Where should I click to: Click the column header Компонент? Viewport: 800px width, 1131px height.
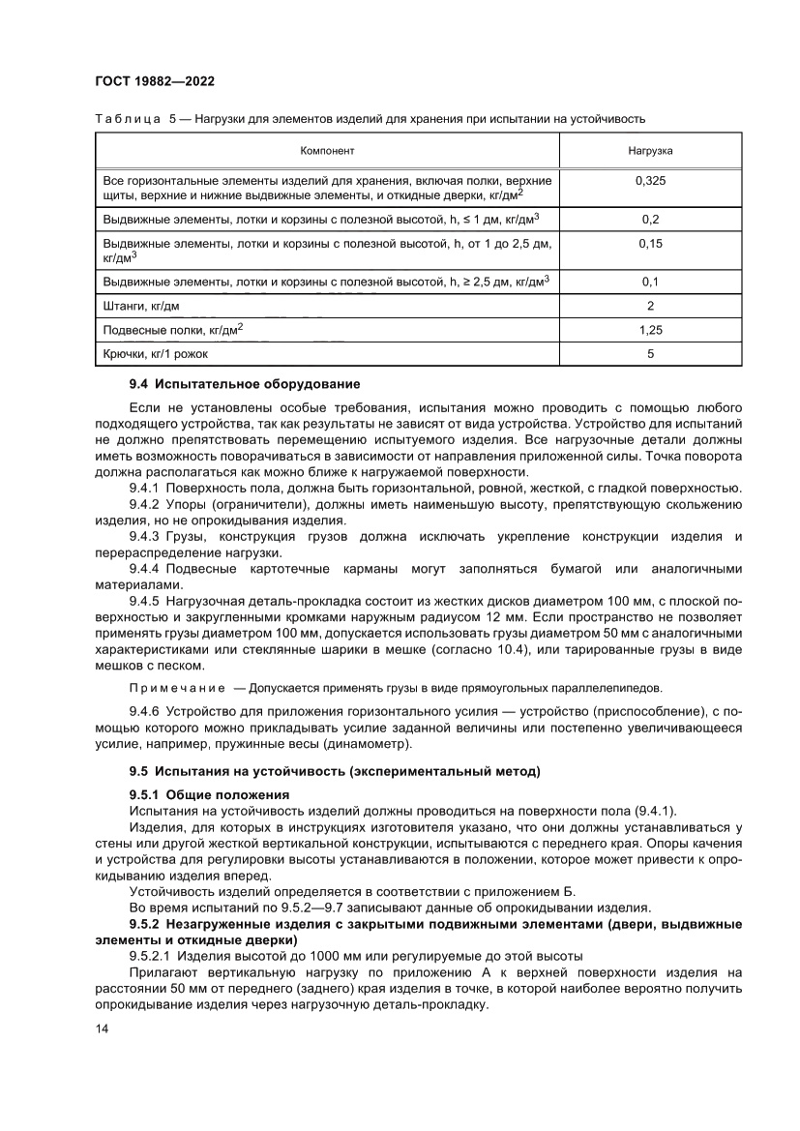[327, 151]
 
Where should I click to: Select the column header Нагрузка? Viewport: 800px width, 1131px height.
[650, 151]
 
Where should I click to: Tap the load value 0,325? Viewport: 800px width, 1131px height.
[650, 181]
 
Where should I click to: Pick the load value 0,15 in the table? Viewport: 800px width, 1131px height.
[650, 245]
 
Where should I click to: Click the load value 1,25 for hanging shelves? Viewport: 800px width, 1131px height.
[650, 330]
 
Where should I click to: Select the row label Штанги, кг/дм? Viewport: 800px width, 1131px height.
[141, 306]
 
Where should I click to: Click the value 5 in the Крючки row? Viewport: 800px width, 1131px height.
[650, 354]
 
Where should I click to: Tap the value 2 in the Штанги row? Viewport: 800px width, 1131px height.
[650, 306]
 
